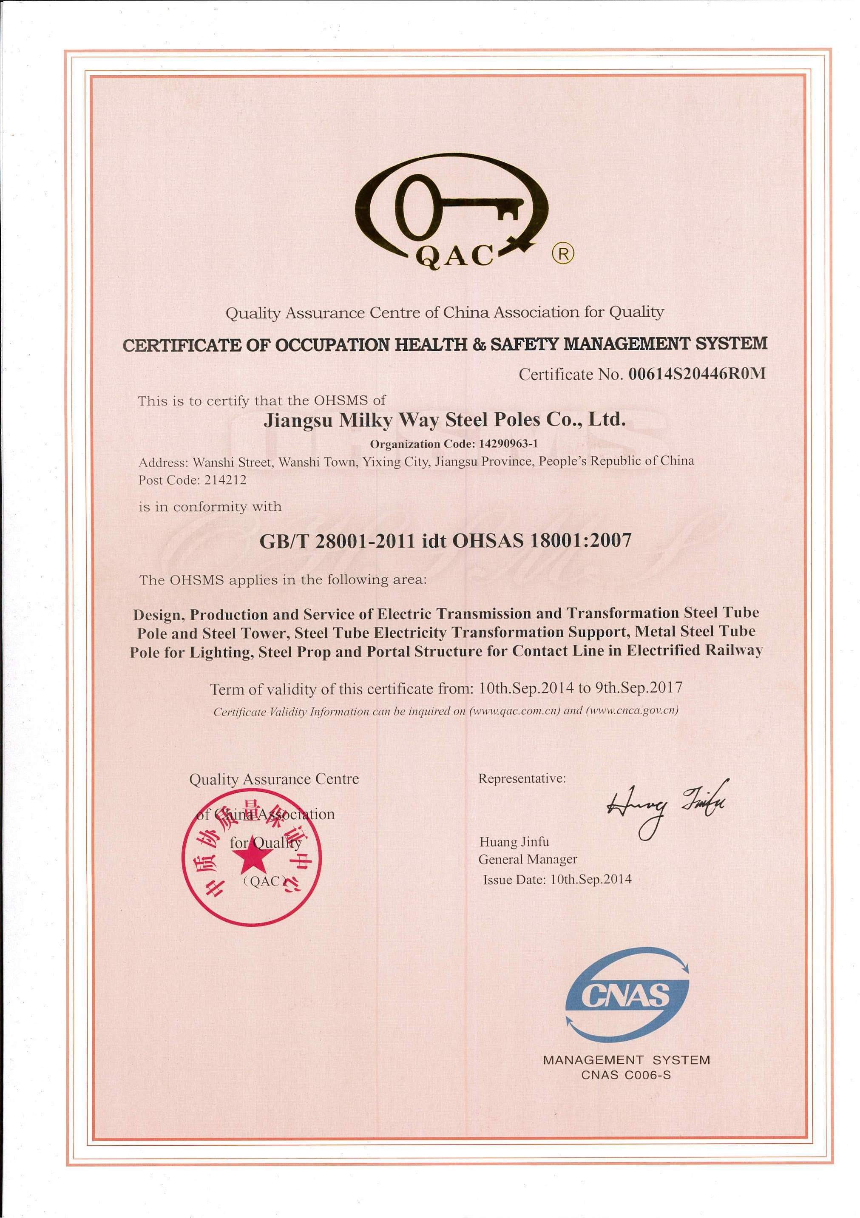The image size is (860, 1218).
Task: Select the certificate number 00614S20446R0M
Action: [697, 374]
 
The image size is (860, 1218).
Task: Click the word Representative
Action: [522, 779]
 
